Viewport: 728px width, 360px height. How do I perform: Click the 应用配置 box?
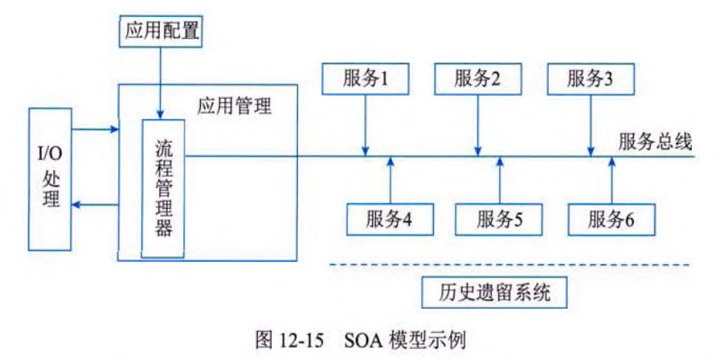tap(160, 32)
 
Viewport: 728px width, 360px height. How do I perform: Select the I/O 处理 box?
tap(51, 176)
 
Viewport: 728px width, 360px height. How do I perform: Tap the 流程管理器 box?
tap(163, 189)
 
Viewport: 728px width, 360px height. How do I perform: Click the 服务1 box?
tap(366, 79)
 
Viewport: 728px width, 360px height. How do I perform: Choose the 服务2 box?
tap(477, 79)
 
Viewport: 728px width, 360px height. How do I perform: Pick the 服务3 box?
tap(590, 79)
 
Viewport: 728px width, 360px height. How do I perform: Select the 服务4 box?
tap(389, 219)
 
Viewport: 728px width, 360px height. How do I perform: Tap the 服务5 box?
tap(499, 219)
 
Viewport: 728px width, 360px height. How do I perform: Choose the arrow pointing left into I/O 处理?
tap(92, 206)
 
